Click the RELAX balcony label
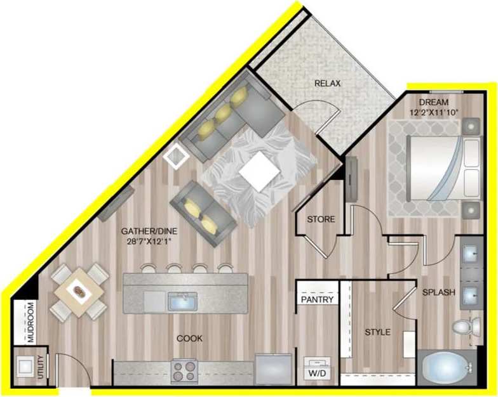coord(328,84)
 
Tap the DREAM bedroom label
coord(434,102)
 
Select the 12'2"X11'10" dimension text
coord(434,113)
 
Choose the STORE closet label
coord(321,219)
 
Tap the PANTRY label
coord(316,299)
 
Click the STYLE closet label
coord(377,332)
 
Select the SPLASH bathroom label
coord(439,292)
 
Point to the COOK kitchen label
coord(189,339)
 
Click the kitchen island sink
coord(182,301)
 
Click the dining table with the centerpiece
coord(79,292)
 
